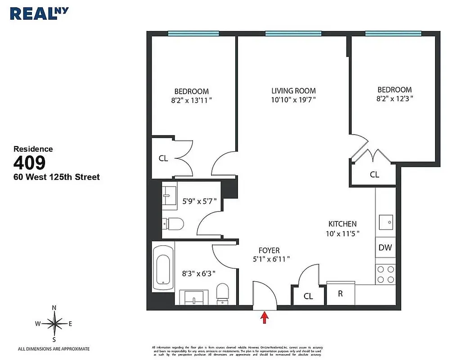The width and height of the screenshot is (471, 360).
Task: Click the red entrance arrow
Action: pos(265,318)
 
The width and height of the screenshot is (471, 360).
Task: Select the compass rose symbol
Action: pos(54,323)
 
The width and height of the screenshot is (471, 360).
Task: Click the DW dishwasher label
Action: pos(385,247)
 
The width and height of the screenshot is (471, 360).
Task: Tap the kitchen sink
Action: pos(386,222)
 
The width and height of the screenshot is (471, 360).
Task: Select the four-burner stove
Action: pos(385,274)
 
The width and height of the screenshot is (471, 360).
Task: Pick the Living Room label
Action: pos(293,90)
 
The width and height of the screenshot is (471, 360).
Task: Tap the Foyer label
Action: pos(269,250)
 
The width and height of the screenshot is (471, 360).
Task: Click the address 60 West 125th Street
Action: pos(57,177)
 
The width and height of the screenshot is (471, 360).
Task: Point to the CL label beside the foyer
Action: pos(308,296)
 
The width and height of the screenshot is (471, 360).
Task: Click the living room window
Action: pos(293,33)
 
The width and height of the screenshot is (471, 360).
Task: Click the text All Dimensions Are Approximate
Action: pos(54,349)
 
